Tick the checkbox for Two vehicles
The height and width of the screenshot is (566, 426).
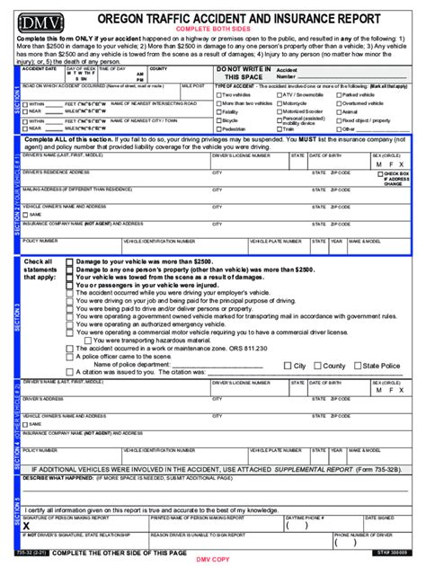(218, 94)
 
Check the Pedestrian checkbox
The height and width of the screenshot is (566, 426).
(218, 128)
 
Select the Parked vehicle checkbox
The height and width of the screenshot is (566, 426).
(339, 94)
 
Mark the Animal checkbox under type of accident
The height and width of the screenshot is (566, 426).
(339, 111)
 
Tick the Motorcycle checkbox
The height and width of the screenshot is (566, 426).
(279, 103)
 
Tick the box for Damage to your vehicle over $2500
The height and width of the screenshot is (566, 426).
(70, 261)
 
